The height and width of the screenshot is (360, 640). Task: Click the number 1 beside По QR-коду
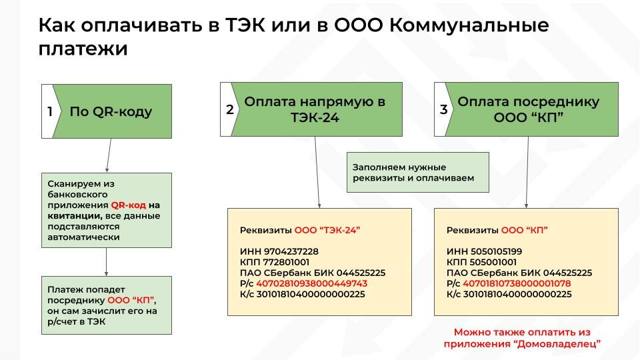click(x=49, y=111)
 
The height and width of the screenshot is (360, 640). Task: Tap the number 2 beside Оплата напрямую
click(x=229, y=110)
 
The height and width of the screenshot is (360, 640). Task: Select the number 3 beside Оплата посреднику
click(x=443, y=110)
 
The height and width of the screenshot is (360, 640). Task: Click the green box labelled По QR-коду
click(x=111, y=111)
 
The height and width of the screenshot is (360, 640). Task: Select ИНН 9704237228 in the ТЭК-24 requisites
click(x=279, y=251)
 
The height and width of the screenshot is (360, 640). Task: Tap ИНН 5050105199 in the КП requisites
click(x=485, y=251)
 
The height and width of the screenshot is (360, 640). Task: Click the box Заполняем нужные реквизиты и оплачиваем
click(x=417, y=172)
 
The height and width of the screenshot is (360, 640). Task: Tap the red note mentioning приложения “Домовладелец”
click(x=522, y=338)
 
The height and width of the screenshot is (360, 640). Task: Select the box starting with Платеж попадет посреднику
click(x=107, y=305)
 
